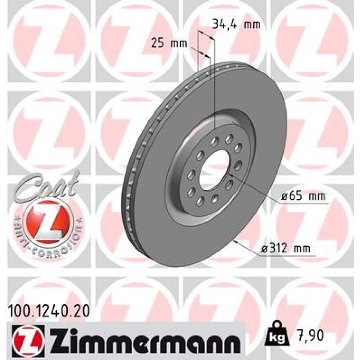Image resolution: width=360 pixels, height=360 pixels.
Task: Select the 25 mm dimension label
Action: (x=170, y=44)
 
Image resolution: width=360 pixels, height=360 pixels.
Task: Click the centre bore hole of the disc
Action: (x=214, y=170)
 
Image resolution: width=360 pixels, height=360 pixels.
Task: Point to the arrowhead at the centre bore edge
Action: (x=230, y=174)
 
